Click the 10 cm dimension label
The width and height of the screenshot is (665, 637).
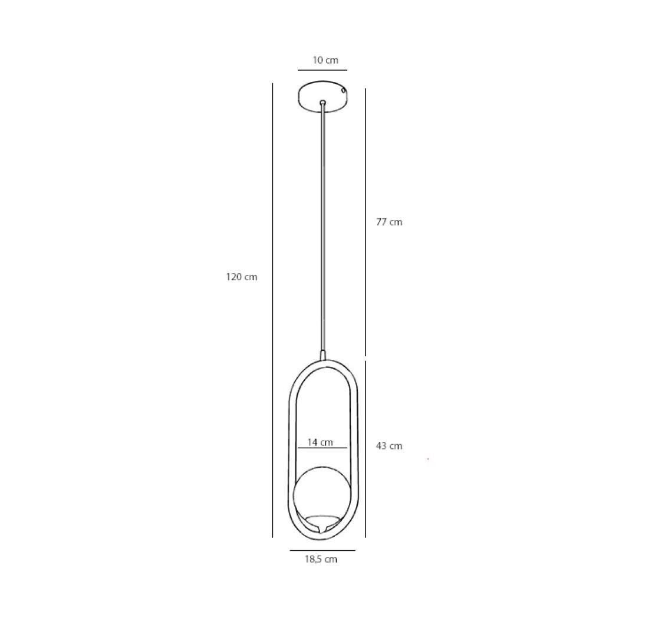[325, 60]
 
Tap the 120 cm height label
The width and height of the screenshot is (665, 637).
[241, 277]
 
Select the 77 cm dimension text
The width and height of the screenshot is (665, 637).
[389, 222]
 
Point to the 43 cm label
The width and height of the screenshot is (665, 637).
[389, 446]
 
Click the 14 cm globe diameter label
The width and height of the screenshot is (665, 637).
[320, 442]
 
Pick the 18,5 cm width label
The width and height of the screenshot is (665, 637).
[321, 559]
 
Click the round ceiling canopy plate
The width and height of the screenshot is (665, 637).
[322, 97]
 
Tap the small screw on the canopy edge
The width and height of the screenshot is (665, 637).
[344, 90]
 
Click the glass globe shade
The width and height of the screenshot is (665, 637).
[322, 493]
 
